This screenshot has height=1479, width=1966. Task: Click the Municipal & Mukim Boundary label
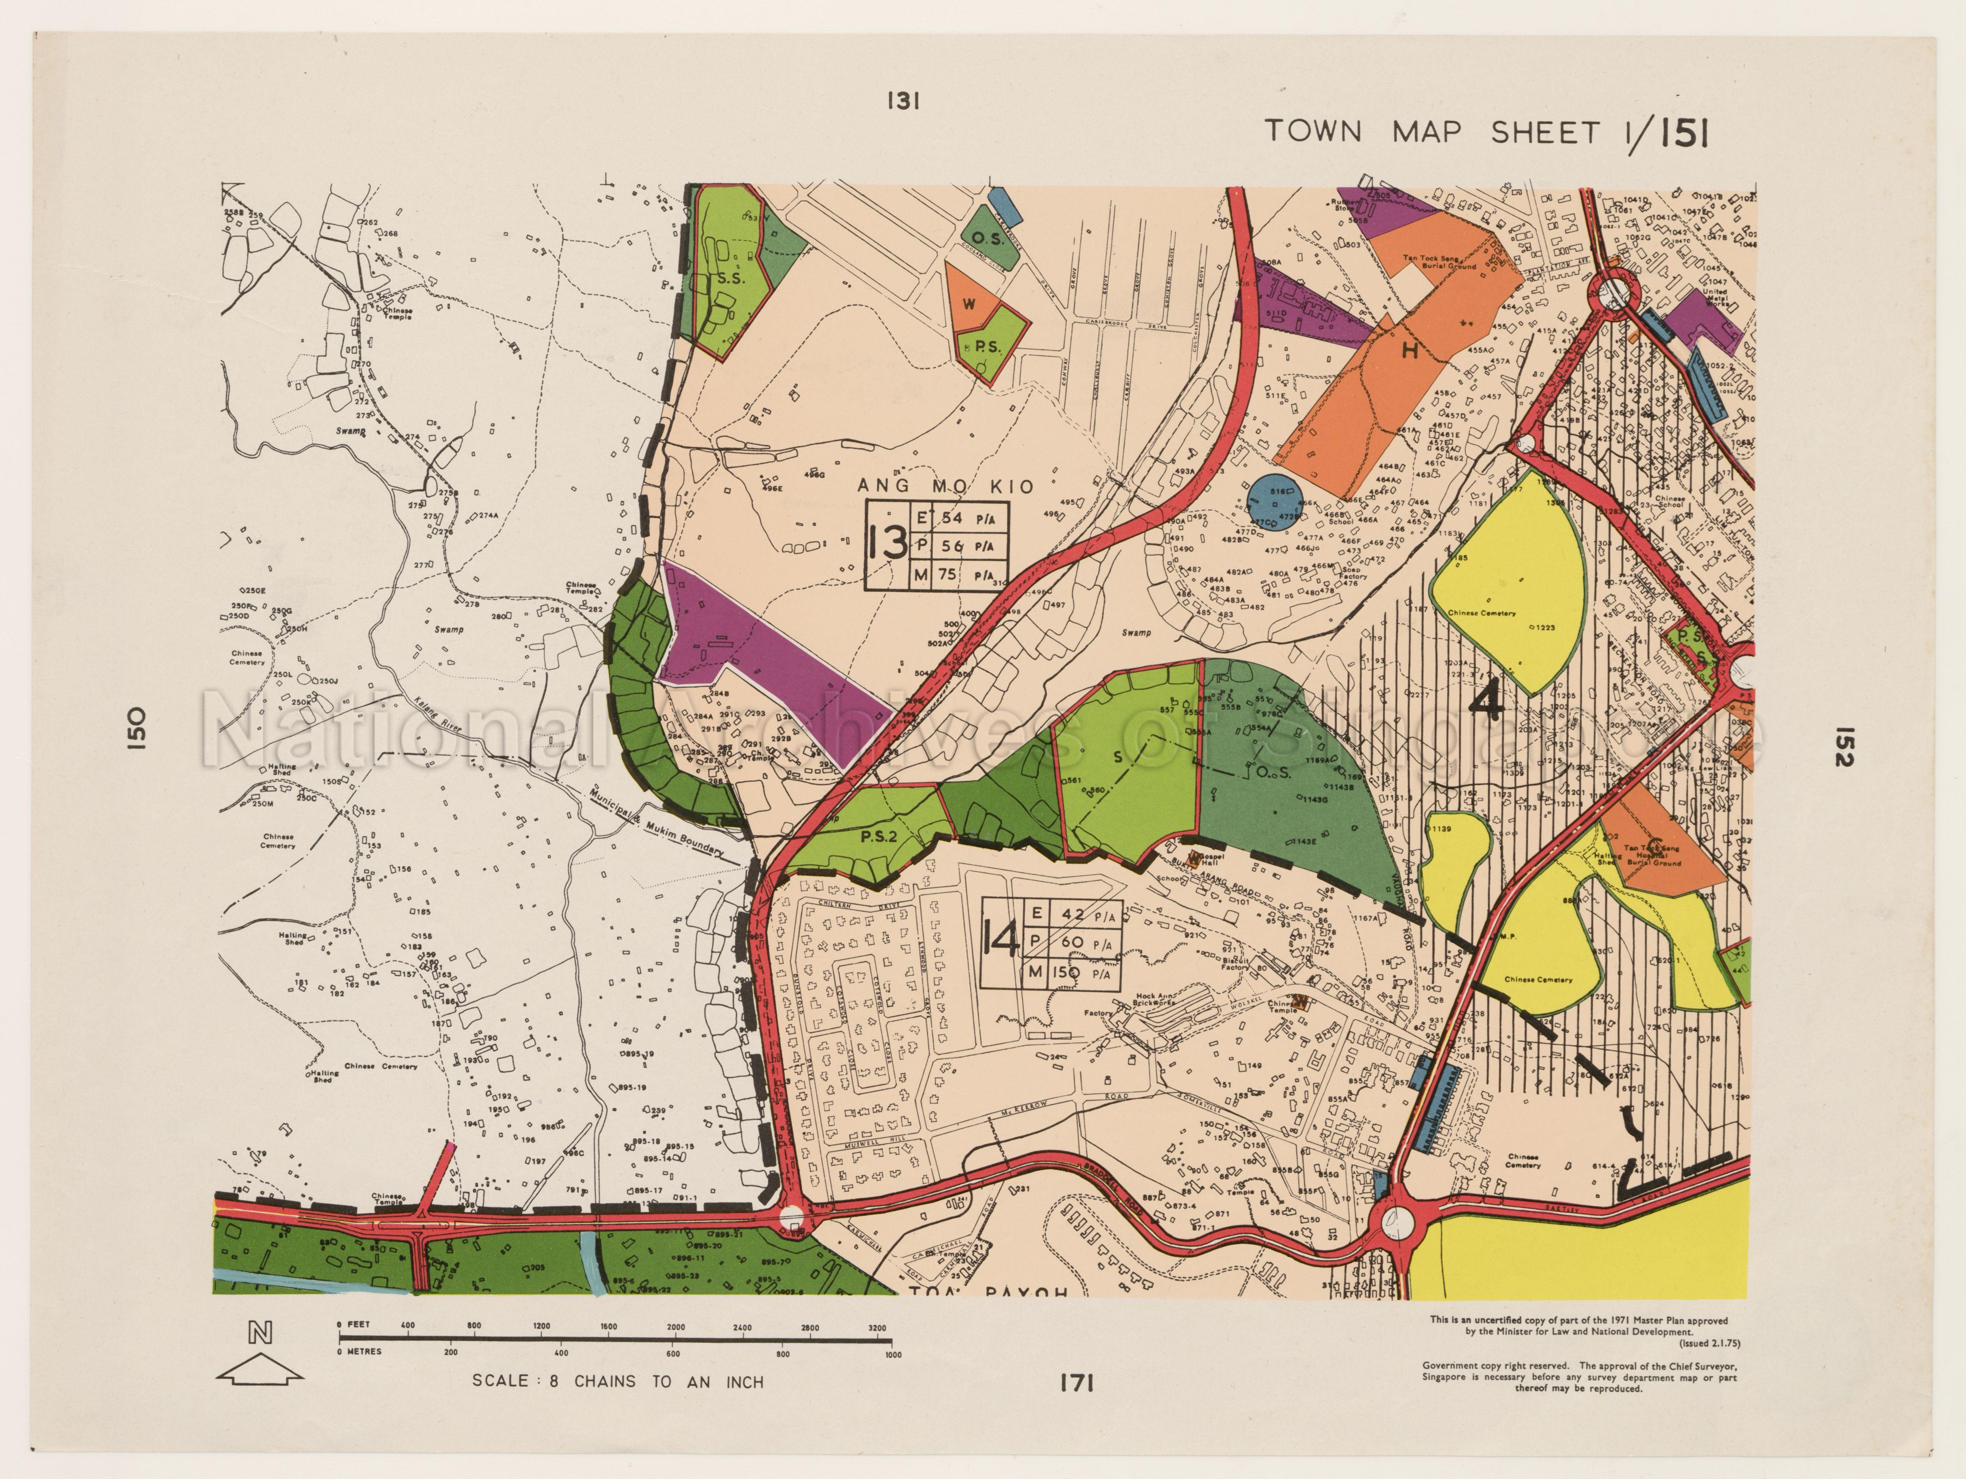pyautogui.click(x=658, y=822)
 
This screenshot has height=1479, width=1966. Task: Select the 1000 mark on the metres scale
pyautogui.click(x=892, y=1355)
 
